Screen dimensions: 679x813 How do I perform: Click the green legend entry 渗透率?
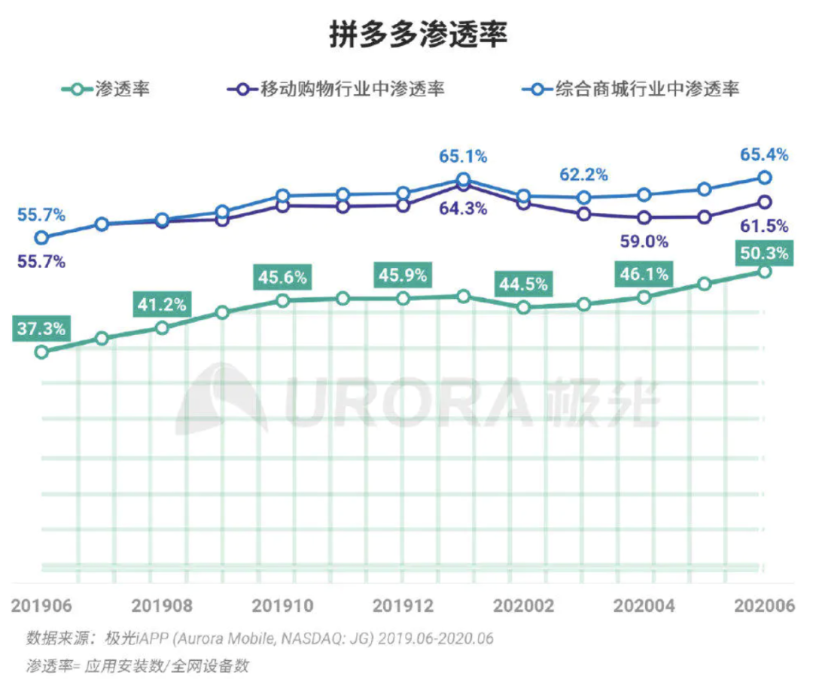point(105,89)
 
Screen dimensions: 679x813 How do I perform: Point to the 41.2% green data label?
point(161,305)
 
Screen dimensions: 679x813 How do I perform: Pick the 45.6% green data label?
point(282,277)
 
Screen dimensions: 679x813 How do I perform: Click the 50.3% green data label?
point(764,254)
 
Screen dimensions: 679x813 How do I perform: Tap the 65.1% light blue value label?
point(463,157)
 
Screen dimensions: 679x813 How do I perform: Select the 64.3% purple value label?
point(463,209)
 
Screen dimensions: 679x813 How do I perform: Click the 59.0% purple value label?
point(644,242)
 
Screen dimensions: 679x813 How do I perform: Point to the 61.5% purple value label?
point(764,225)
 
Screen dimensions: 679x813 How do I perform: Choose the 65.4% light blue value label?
point(764,155)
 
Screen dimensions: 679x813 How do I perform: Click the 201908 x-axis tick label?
point(161,606)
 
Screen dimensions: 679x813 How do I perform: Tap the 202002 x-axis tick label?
point(523,606)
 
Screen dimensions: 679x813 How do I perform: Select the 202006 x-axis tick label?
point(764,606)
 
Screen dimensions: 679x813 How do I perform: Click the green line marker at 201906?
point(41,352)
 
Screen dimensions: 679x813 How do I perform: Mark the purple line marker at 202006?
point(764,202)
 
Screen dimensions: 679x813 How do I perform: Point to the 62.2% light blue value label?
point(583,175)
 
